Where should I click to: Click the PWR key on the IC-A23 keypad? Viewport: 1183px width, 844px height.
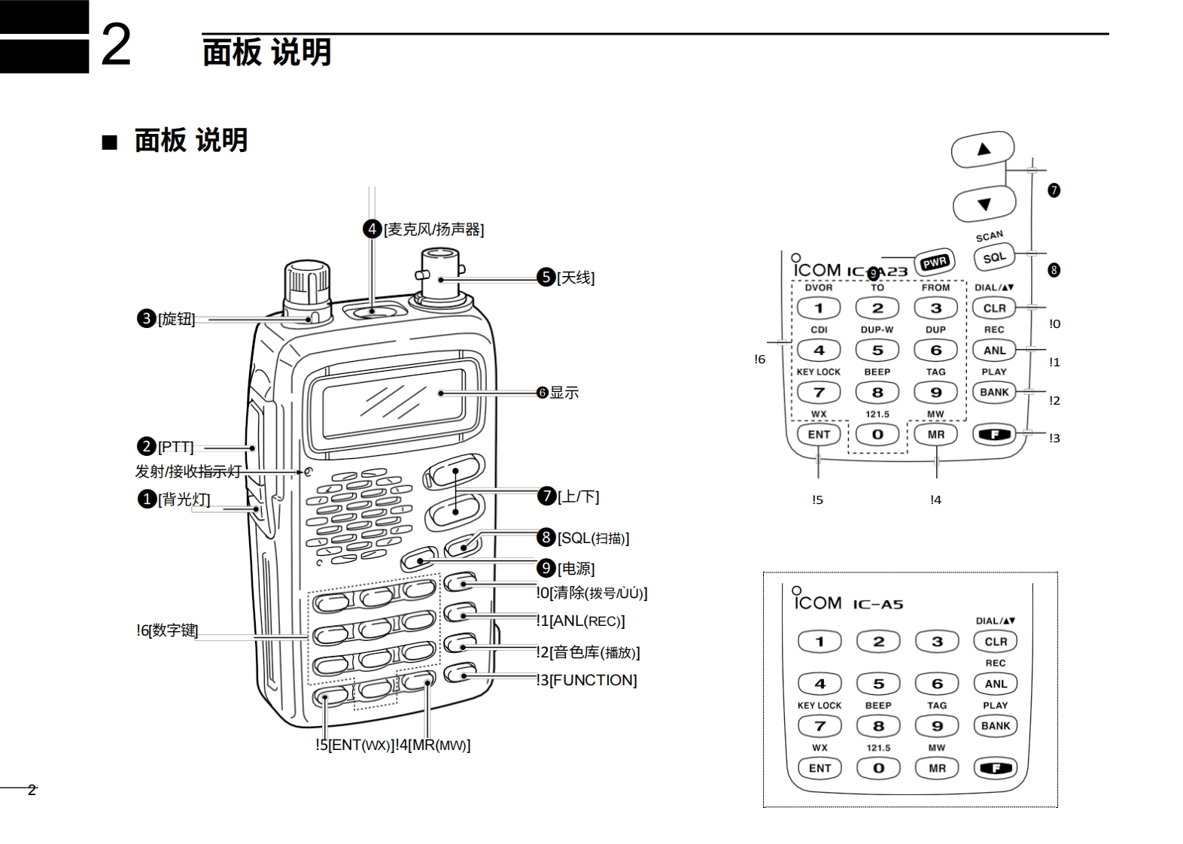coord(935,263)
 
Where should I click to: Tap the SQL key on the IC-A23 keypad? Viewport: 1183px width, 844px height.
coord(993,257)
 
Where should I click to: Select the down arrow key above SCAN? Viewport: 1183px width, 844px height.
coord(984,204)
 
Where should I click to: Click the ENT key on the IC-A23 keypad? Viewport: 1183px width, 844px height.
coord(819,435)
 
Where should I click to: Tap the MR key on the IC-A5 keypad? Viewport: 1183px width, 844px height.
coord(937,768)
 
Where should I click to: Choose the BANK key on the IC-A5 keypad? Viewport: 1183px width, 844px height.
coord(995,726)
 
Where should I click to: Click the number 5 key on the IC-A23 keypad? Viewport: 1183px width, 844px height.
coord(877,351)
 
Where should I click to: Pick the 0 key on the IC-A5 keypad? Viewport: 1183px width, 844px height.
coord(878,768)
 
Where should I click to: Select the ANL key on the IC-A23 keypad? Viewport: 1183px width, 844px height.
coord(994,351)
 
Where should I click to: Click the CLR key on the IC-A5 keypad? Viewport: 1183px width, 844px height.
coord(995,642)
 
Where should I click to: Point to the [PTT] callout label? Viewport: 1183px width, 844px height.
coord(175,448)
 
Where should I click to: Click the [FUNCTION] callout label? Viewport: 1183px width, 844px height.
coord(593,681)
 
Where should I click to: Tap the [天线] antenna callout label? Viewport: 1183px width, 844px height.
coord(576,278)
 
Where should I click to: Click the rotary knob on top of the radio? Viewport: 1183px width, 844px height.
coord(307,286)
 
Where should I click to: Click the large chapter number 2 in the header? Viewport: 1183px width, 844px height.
coord(116,45)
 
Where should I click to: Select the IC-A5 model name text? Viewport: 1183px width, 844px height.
coord(877,605)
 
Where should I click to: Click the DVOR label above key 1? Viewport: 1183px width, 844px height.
coord(819,288)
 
